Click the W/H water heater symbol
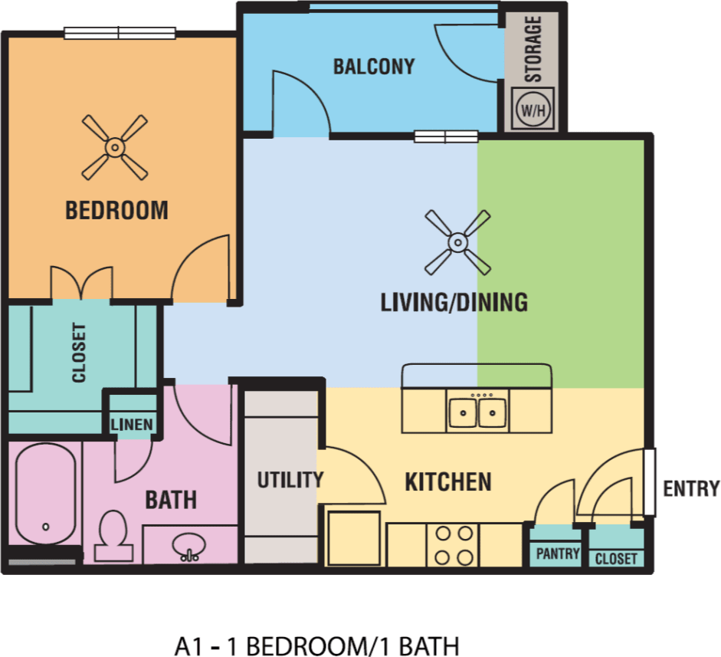(x=534, y=110)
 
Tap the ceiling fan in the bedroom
(x=114, y=146)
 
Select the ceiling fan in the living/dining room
(x=457, y=243)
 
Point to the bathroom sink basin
(x=188, y=547)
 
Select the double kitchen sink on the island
(x=478, y=412)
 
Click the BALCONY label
(x=373, y=67)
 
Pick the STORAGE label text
(x=533, y=48)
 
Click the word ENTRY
(x=691, y=488)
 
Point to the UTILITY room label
(x=290, y=481)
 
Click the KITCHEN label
(x=448, y=482)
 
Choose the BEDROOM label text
(x=116, y=210)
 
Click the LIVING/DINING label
(x=454, y=303)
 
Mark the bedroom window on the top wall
(x=120, y=33)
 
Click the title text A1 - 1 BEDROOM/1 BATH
(x=316, y=645)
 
